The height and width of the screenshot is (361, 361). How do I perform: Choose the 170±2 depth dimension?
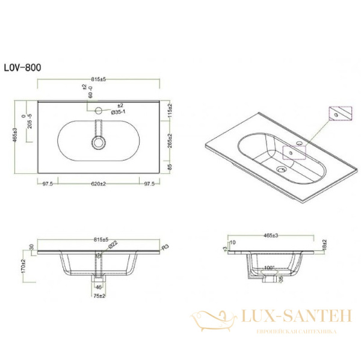(23, 266)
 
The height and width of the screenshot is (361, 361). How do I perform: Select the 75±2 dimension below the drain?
(99, 295)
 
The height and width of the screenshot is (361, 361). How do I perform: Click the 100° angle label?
(269, 267)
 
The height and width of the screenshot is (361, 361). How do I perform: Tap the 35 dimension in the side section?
(280, 280)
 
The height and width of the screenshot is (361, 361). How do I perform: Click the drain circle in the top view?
(99, 143)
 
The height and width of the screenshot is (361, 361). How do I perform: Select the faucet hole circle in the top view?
(99, 111)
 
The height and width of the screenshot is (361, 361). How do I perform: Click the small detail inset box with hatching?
(339, 113)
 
